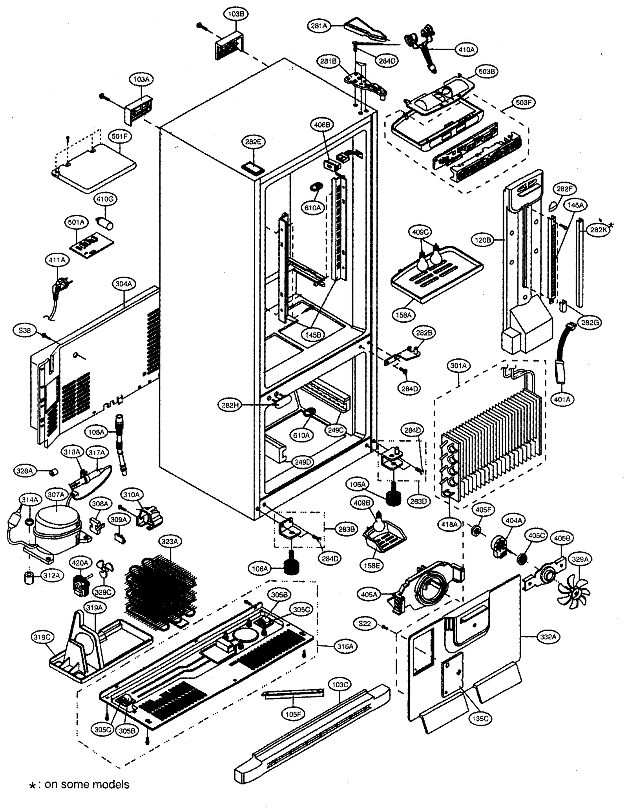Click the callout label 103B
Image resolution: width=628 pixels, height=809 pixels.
click(236, 14)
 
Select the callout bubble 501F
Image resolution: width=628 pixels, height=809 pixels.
click(120, 137)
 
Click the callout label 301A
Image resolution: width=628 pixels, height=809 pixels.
click(458, 366)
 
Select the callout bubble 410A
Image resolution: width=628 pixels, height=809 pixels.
click(466, 50)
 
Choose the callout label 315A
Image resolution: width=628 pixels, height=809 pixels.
click(345, 646)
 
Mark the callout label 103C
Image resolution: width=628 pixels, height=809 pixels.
click(340, 685)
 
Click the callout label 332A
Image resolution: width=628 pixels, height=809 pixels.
click(548, 637)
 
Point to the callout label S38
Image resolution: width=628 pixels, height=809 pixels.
click(24, 331)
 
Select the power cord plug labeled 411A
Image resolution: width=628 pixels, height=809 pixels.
click(61, 285)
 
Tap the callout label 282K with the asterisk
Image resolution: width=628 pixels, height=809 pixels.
click(598, 230)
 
